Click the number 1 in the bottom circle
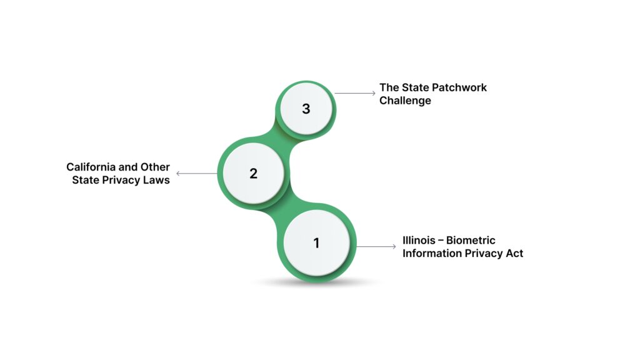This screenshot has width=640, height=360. tap(316, 243)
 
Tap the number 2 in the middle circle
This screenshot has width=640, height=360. tap(253, 174)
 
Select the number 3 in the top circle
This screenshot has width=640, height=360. tap(306, 109)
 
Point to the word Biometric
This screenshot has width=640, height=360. tap(473, 241)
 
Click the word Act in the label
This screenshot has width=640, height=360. tap(514, 253)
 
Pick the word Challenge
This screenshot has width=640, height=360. tap(405, 101)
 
